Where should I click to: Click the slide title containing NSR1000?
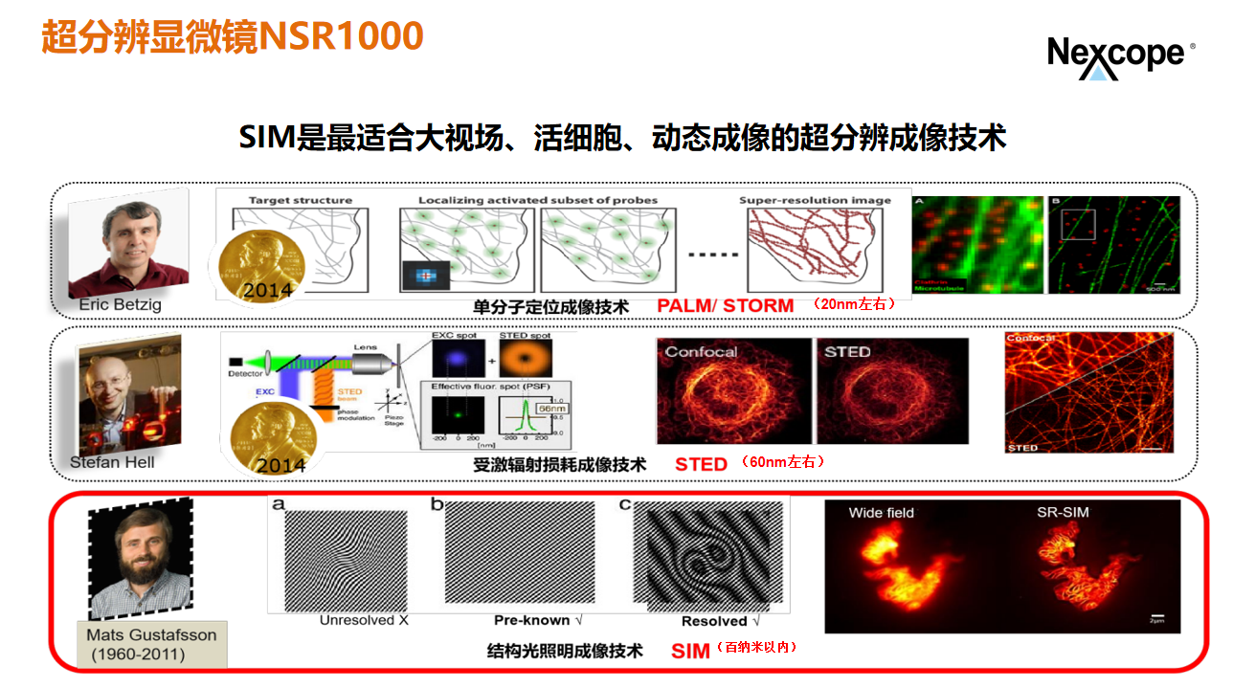[x=233, y=36]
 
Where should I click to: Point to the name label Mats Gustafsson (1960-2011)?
[x=151, y=644]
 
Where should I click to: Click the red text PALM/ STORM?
[x=725, y=306]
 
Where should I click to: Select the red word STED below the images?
[x=701, y=464]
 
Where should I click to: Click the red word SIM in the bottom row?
[x=690, y=651]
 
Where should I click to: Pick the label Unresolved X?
[x=364, y=620]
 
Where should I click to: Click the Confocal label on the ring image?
[x=701, y=352]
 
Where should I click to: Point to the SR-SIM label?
[x=1063, y=512]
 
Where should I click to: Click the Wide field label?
[x=881, y=512]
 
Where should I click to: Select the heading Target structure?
[x=300, y=201]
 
